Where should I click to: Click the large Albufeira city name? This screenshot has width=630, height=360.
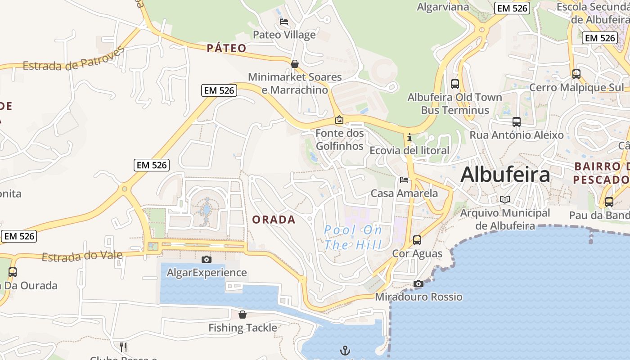(x=505, y=175)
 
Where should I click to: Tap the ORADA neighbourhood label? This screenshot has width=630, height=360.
(x=274, y=220)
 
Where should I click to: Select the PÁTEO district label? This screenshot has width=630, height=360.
(x=226, y=48)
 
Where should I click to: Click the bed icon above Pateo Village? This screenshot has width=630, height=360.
(x=284, y=21)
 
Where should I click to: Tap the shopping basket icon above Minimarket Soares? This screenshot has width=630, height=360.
(x=295, y=64)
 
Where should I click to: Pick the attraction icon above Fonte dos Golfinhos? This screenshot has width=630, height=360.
(x=339, y=120)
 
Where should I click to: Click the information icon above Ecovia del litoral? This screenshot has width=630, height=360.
(x=409, y=137)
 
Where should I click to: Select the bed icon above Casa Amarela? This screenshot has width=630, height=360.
(x=404, y=180)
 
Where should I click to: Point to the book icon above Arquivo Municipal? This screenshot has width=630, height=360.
(x=505, y=199)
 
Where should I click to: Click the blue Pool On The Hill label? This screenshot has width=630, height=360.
(x=353, y=238)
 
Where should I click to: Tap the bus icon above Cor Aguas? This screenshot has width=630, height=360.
(x=417, y=240)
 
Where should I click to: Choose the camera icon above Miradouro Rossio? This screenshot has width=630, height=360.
(x=418, y=283)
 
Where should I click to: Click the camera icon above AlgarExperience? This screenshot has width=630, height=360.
(x=207, y=259)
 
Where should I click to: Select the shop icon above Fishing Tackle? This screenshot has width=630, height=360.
(x=243, y=314)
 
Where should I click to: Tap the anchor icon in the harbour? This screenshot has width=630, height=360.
(x=345, y=350)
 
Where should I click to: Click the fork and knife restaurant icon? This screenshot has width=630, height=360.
(x=123, y=347)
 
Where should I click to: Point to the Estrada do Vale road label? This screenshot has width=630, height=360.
(x=82, y=256)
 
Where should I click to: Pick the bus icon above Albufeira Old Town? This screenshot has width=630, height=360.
(x=455, y=84)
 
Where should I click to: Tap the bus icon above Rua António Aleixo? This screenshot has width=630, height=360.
(x=517, y=121)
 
